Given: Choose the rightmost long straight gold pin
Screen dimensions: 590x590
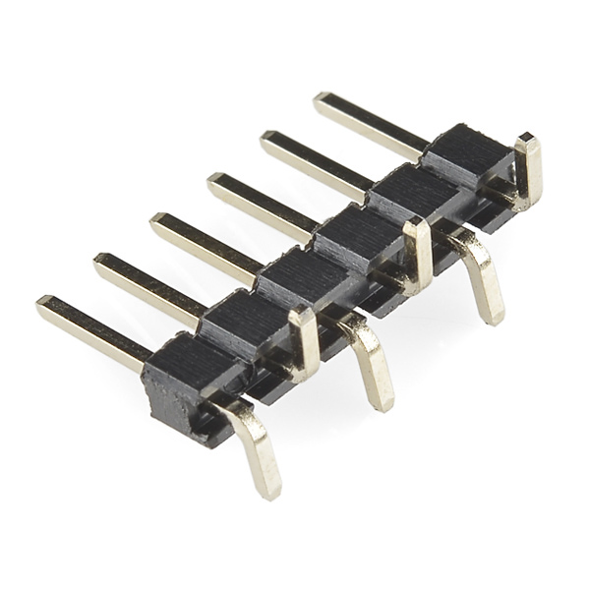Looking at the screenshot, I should click(x=369, y=122).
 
